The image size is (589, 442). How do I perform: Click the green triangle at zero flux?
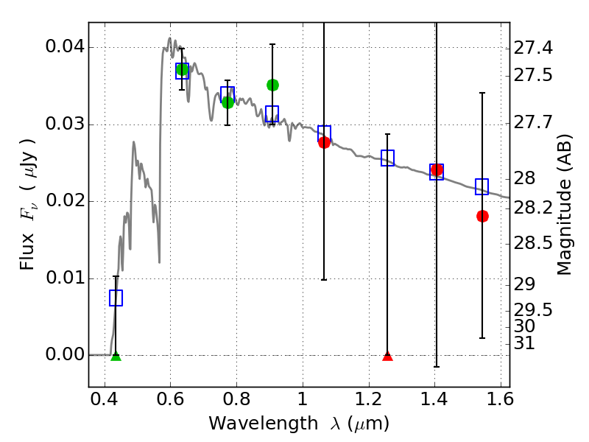(x=116, y=357)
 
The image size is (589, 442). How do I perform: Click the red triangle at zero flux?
(x=388, y=357)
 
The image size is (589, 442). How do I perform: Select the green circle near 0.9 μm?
(x=272, y=85)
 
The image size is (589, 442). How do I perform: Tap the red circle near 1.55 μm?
(x=483, y=216)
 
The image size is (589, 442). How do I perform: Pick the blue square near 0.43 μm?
(x=116, y=298)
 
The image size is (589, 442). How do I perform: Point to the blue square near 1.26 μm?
(x=388, y=158)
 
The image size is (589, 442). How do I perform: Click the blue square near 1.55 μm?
(x=482, y=186)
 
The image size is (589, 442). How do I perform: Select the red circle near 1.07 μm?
(x=324, y=142)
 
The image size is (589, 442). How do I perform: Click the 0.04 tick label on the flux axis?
(x=65, y=47)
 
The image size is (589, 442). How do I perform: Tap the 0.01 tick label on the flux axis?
(x=65, y=278)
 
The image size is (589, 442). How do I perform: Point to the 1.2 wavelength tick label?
(x=369, y=399)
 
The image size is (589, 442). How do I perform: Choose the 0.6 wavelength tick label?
(x=171, y=399)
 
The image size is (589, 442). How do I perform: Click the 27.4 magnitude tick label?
(x=533, y=48)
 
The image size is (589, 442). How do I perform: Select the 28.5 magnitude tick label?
(x=533, y=243)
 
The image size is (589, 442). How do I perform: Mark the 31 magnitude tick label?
(x=524, y=343)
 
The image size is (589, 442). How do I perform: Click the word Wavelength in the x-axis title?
(x=264, y=424)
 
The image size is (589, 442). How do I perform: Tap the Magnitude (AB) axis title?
(x=564, y=205)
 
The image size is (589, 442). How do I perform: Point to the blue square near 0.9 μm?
(x=272, y=114)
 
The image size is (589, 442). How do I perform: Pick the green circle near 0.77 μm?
(x=228, y=102)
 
